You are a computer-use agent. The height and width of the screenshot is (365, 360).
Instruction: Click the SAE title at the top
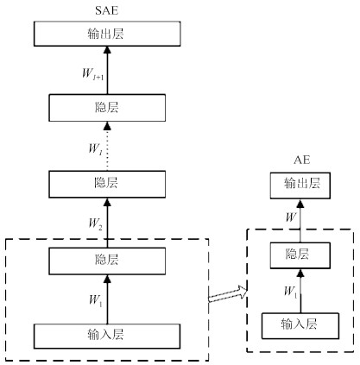(107, 10)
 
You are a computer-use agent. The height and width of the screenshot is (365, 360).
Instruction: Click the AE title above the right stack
(302, 160)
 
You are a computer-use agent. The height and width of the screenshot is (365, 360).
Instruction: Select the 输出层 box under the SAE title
(107, 34)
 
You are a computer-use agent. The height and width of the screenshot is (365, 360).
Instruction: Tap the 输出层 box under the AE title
(300, 186)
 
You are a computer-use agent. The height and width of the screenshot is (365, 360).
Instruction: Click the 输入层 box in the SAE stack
(107, 337)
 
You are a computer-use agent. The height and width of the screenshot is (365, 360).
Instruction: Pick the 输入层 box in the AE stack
(300, 326)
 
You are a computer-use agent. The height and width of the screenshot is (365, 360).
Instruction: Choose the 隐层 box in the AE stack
(300, 255)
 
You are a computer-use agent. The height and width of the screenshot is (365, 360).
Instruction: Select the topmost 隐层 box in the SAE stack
(107, 108)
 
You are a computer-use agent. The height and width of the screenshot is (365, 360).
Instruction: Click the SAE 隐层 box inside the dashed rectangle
(107, 261)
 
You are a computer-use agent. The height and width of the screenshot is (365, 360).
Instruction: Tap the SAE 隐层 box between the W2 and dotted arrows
(107, 184)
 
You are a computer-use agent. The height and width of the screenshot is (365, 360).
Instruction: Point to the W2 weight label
(95, 223)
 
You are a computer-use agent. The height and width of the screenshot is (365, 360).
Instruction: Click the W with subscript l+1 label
(92, 74)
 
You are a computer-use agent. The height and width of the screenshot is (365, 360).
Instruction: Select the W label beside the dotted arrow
(95, 149)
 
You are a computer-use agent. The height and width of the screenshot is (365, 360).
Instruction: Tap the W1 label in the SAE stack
(95, 300)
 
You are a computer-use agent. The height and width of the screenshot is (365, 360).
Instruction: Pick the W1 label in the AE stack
(290, 292)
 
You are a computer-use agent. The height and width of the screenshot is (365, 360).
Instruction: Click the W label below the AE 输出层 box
(291, 217)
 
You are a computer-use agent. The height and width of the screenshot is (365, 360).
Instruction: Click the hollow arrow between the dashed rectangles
(228, 294)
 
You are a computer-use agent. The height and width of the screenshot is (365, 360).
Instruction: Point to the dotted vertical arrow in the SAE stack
(107, 146)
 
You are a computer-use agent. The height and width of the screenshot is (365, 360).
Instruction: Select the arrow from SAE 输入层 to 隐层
(107, 299)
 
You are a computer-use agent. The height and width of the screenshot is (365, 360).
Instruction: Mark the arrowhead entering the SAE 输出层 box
(107, 50)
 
